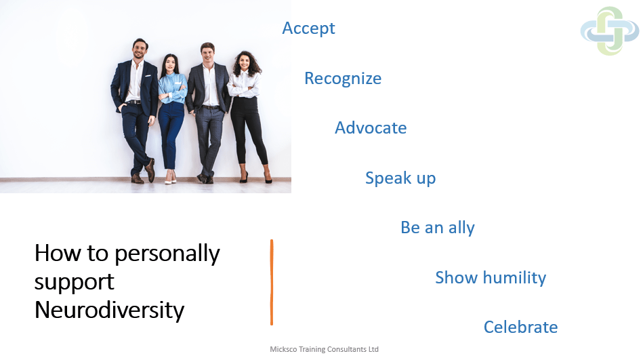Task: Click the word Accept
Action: (x=308, y=28)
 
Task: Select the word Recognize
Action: (x=343, y=79)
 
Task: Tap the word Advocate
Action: (x=371, y=128)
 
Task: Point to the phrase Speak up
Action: (x=400, y=178)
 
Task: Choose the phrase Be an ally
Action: (x=438, y=228)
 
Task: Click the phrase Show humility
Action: (x=491, y=277)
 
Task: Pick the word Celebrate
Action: (x=521, y=327)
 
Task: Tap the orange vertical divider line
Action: (x=272, y=283)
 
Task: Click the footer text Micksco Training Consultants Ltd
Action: (x=324, y=349)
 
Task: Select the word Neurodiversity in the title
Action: (x=110, y=310)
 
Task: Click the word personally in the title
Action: (x=167, y=254)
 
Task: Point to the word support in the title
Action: (x=75, y=283)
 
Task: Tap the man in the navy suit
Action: (x=135, y=111)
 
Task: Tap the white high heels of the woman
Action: (x=171, y=178)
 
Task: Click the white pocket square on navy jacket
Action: (x=148, y=75)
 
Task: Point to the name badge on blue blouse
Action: (x=178, y=83)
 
